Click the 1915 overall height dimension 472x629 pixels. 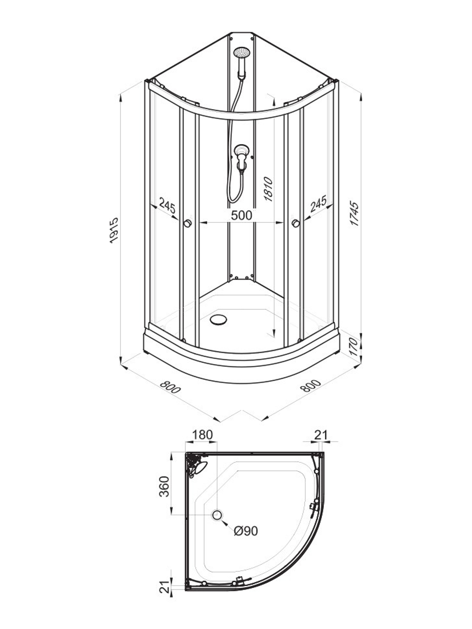[114, 230]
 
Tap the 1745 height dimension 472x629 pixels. [354, 214]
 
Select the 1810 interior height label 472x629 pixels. [269, 189]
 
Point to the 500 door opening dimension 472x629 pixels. [242, 215]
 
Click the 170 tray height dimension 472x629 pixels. [354, 347]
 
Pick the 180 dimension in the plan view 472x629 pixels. [202, 435]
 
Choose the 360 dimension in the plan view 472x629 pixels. [164, 486]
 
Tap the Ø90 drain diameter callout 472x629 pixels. [246, 531]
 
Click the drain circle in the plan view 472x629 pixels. [217, 515]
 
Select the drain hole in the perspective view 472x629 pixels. [218, 320]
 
